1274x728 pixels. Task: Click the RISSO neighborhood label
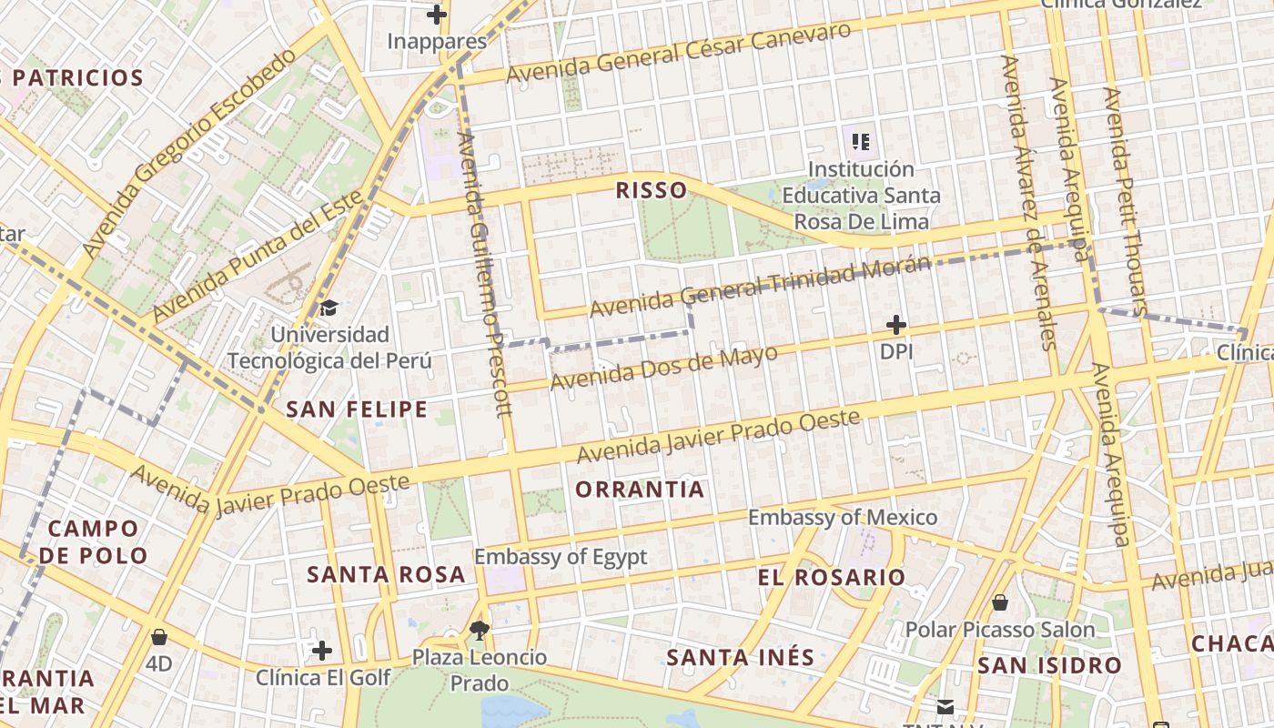(651, 190)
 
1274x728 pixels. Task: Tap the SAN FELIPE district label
(357, 409)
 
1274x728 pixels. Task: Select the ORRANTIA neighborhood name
(640, 490)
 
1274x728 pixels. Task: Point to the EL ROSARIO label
(832, 578)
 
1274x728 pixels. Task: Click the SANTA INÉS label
(740, 657)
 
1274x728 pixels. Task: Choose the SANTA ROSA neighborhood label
(386, 575)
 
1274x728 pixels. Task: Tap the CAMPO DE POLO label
(94, 541)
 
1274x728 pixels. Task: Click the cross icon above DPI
(896, 325)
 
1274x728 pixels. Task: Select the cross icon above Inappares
(437, 15)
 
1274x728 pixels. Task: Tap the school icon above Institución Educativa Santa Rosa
(861, 141)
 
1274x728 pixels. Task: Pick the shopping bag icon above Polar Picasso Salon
(999, 602)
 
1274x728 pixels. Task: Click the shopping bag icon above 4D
(159, 637)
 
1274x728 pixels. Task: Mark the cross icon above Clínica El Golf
(321, 651)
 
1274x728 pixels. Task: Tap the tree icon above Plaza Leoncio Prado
(479, 629)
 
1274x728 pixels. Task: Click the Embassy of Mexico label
(842, 518)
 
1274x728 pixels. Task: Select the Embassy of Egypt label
(561, 557)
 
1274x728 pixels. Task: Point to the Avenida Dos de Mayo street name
(664, 368)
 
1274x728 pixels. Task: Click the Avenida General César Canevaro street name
(679, 53)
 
